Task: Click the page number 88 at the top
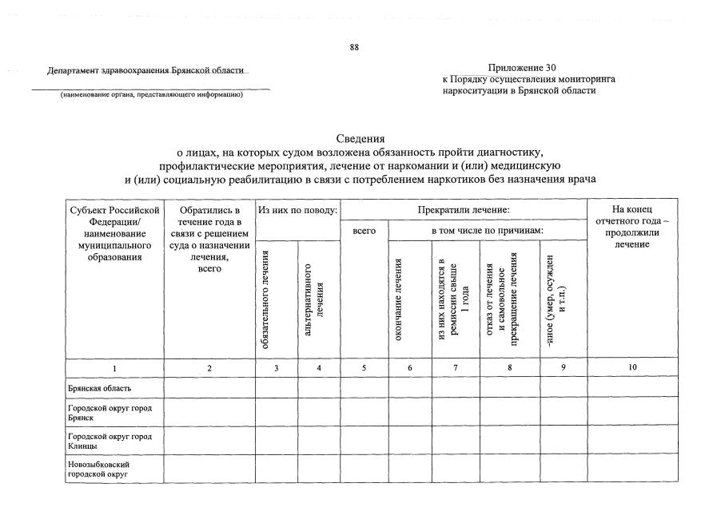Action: pyautogui.click(x=354, y=47)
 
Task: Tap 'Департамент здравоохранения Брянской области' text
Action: pyautogui.click(x=148, y=70)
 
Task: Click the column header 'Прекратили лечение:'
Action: pyautogui.click(x=464, y=209)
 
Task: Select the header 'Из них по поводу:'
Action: pyautogui.click(x=297, y=209)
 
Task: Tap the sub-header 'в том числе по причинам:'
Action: pyautogui.click(x=487, y=231)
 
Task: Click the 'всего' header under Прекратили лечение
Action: pyautogui.click(x=364, y=231)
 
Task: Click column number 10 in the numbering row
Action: pyautogui.click(x=631, y=368)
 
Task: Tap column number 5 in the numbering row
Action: pyautogui.click(x=364, y=368)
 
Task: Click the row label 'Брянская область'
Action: pyautogui.click(x=99, y=388)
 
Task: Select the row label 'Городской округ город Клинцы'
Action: pyautogui.click(x=110, y=440)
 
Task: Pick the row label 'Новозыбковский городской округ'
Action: pyautogui.click(x=100, y=469)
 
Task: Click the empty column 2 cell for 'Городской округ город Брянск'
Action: pyautogui.click(x=209, y=412)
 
